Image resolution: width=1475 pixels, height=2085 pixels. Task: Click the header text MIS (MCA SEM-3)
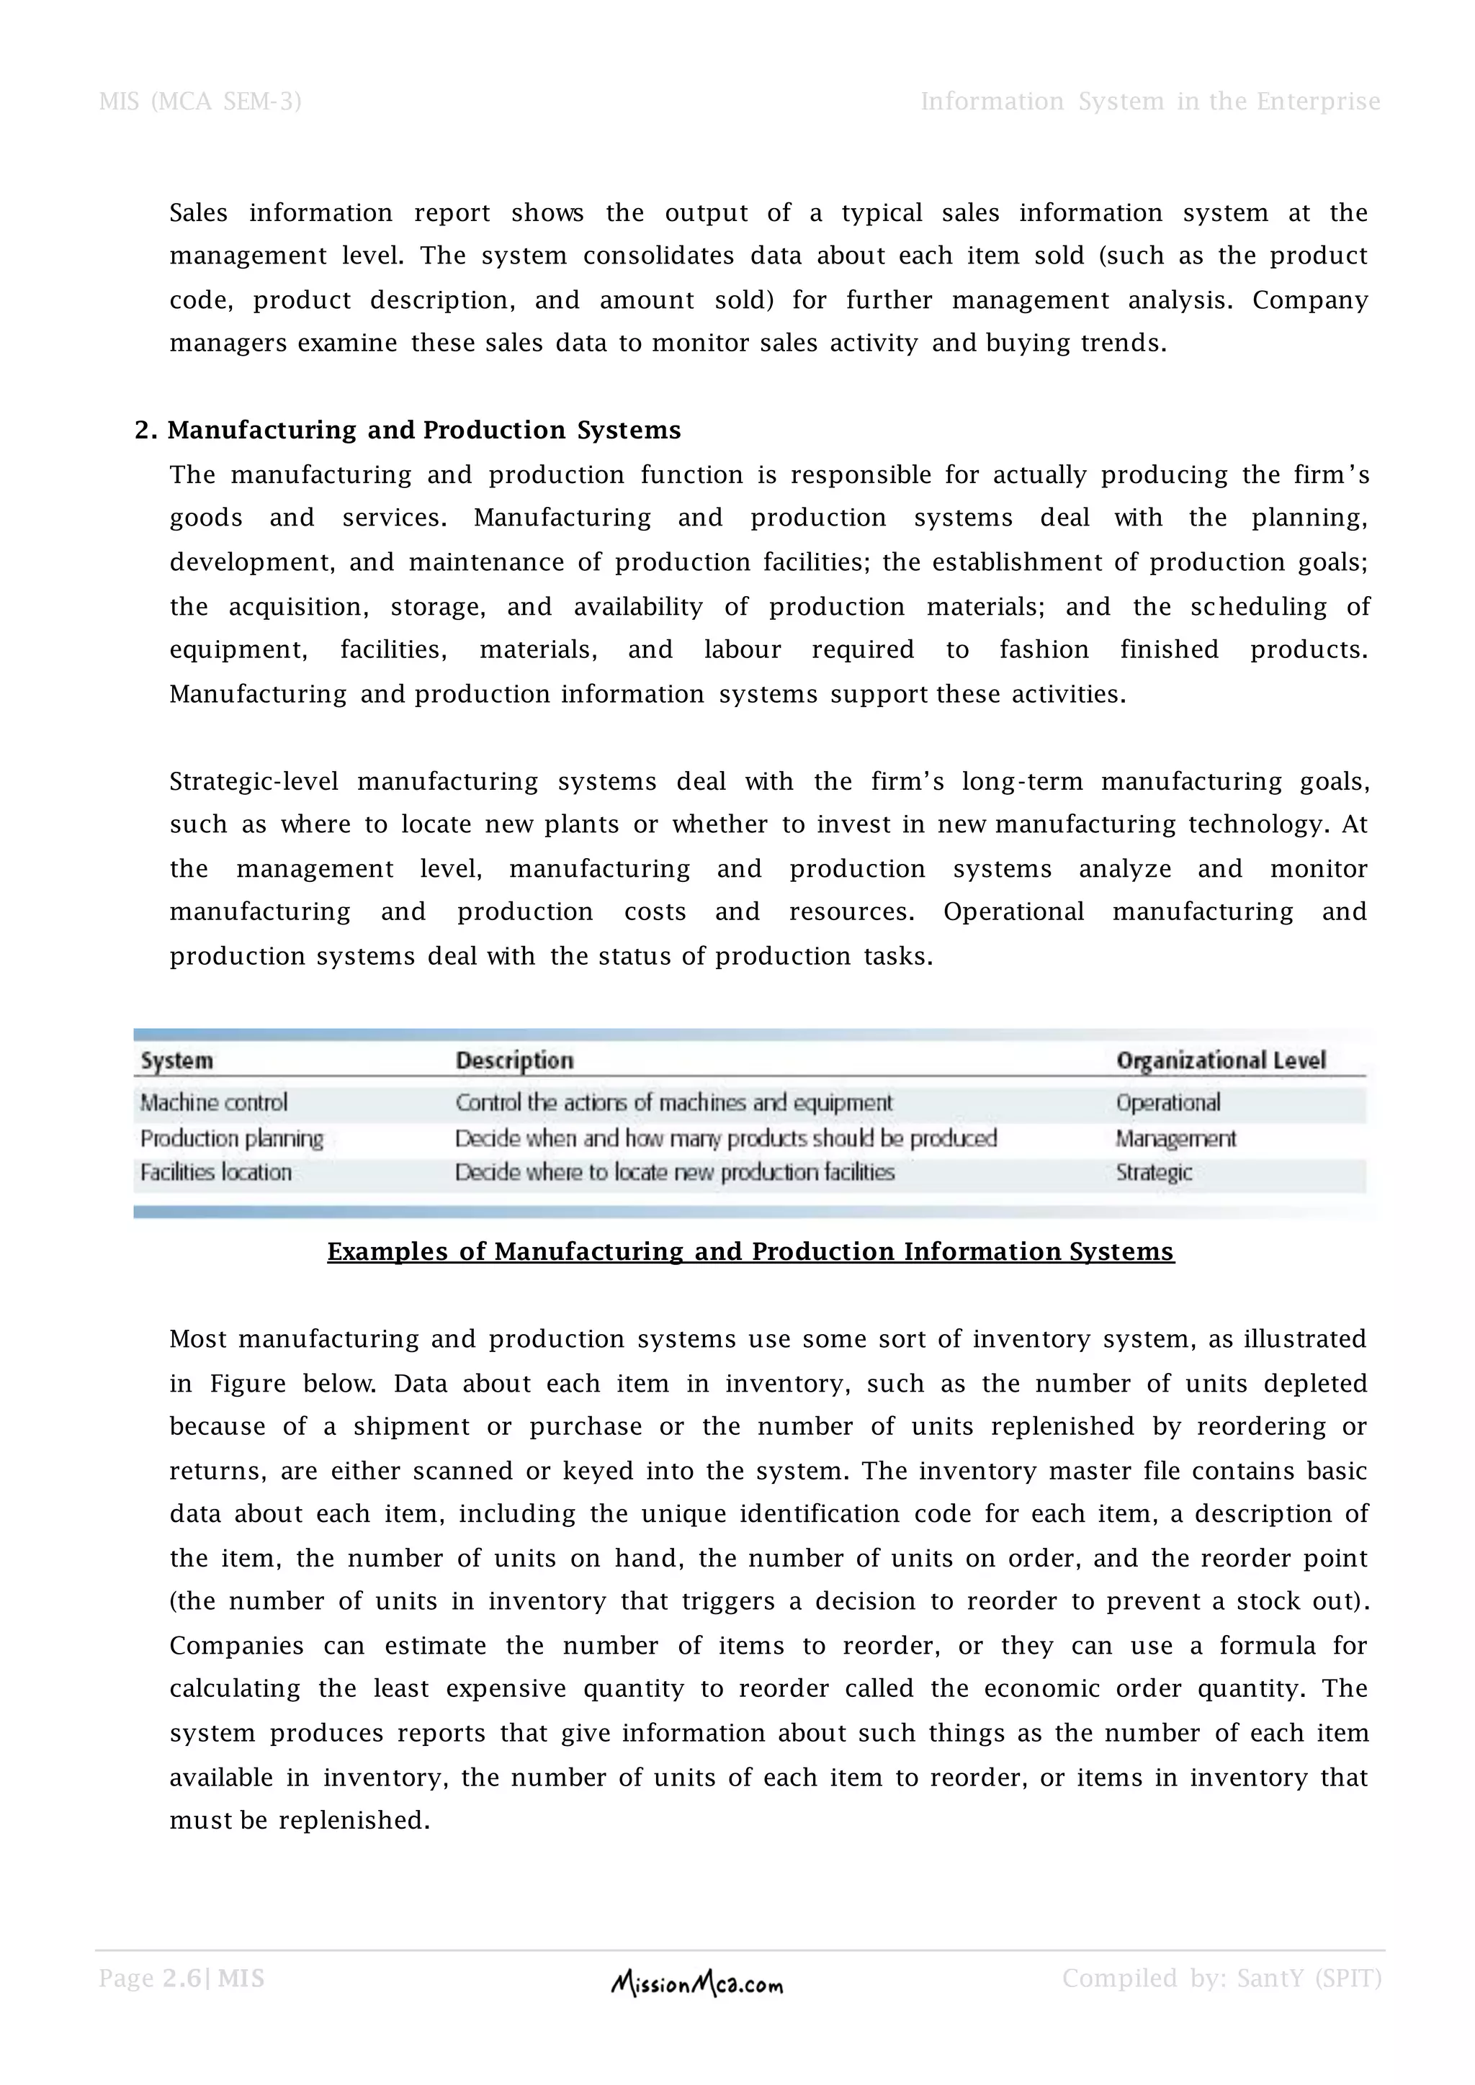tap(199, 102)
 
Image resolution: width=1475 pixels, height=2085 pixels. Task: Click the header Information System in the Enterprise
tap(1150, 102)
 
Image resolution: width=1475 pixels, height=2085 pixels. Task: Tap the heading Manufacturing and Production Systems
tap(424, 431)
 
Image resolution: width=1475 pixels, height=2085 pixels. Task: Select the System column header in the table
tap(177, 1060)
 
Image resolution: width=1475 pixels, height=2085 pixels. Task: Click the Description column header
tap(514, 1060)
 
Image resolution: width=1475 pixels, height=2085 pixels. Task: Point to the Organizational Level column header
tap(1221, 1060)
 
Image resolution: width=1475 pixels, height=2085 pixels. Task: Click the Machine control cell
tap(213, 1102)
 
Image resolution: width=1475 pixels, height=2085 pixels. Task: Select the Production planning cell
tap(232, 1139)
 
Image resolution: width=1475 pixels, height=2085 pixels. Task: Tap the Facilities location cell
tap(216, 1172)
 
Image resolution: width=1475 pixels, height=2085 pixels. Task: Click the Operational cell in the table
tap(1168, 1102)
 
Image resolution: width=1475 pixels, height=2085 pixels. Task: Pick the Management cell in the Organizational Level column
tap(1175, 1139)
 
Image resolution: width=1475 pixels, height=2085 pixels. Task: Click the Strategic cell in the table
tap(1154, 1172)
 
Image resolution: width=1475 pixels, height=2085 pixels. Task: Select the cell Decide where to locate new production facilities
tap(674, 1172)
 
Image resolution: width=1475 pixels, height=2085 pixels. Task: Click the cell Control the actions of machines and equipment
tap(674, 1102)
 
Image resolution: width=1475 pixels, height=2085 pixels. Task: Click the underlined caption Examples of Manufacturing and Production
tap(750, 1251)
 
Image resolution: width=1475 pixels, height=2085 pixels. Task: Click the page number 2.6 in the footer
tap(181, 1978)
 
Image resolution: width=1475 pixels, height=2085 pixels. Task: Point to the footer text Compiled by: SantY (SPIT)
tap(1221, 1978)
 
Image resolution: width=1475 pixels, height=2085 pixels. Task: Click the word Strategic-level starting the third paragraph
tap(254, 782)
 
